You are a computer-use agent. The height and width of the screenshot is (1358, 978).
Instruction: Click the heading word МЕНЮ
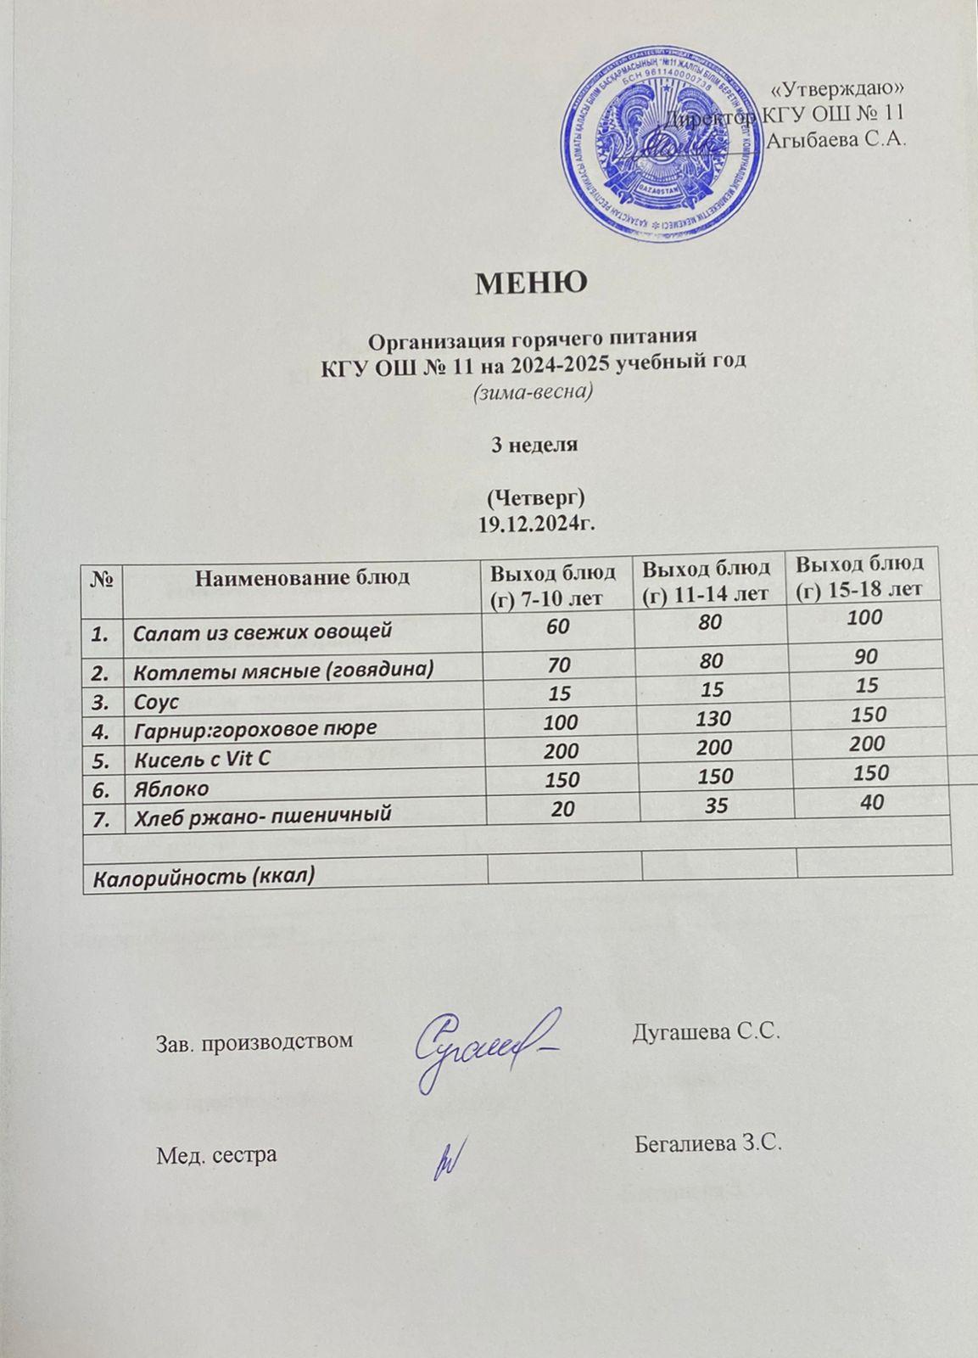531,282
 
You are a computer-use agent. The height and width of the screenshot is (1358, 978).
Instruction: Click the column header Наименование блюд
303,579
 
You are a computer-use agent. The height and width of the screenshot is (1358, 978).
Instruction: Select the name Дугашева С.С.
706,1032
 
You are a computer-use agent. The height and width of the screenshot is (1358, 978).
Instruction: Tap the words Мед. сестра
217,1154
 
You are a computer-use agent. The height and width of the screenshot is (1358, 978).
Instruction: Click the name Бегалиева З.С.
707,1143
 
